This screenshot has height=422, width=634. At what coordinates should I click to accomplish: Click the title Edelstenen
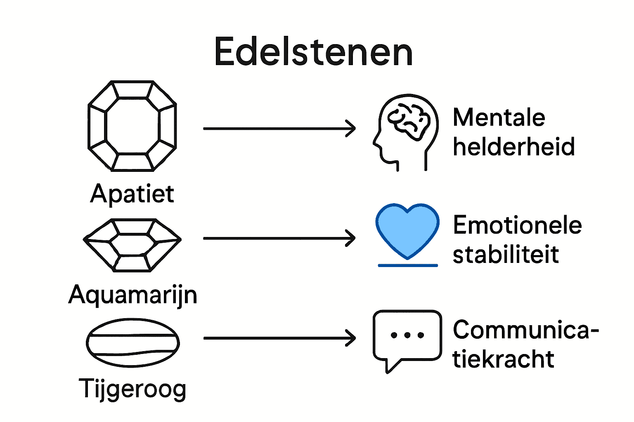(x=313, y=52)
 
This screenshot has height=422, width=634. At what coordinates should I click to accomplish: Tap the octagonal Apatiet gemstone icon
(x=132, y=126)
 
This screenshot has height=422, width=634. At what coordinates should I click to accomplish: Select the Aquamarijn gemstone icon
(x=132, y=245)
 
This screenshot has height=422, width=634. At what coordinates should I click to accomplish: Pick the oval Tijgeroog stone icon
(x=132, y=342)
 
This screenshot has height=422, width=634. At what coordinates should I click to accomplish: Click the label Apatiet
(x=132, y=194)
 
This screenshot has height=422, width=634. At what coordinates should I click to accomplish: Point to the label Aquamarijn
(x=132, y=295)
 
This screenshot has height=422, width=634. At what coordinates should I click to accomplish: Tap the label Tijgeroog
(x=132, y=389)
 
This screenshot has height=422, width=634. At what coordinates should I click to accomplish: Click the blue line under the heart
(x=407, y=265)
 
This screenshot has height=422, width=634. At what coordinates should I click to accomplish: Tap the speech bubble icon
(x=407, y=338)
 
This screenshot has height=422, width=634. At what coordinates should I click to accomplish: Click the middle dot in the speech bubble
(x=407, y=335)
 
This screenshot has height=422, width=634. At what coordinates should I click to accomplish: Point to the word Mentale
(x=499, y=117)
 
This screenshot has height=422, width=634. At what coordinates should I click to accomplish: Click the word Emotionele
(x=517, y=225)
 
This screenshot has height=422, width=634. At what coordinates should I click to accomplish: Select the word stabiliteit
(x=506, y=254)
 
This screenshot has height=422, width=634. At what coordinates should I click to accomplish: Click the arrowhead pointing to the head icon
(x=351, y=129)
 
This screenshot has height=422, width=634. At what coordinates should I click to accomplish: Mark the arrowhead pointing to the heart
(x=351, y=238)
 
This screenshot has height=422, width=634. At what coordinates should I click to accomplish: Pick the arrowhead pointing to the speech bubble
(x=351, y=338)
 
